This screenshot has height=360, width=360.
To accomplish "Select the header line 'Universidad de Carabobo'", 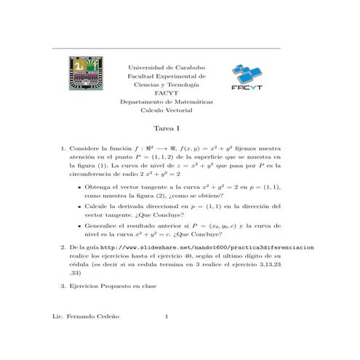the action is [x=167, y=66].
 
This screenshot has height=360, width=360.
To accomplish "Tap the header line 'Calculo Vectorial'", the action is [x=167, y=111].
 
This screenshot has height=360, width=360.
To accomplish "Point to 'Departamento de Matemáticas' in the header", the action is [x=167, y=102].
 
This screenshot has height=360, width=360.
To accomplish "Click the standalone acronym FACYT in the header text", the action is [x=167, y=93].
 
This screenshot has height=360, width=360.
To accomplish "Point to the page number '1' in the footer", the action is [x=167, y=318].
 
